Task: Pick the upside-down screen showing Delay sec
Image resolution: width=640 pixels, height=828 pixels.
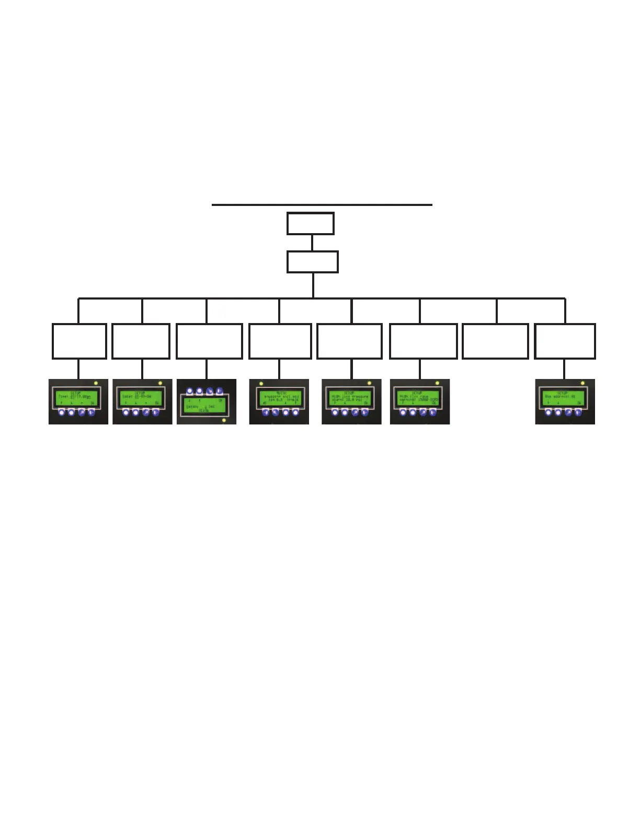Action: click(x=205, y=406)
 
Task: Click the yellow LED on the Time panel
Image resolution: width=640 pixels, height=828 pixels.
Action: click(x=96, y=384)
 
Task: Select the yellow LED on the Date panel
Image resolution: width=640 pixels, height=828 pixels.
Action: click(x=160, y=384)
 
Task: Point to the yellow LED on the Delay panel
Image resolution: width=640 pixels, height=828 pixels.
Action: click(x=224, y=420)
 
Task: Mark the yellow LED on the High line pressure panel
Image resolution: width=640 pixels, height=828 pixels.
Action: click(x=369, y=384)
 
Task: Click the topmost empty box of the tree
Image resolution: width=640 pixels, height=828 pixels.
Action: click(x=310, y=224)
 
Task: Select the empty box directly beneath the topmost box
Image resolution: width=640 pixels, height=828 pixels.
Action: click(x=312, y=262)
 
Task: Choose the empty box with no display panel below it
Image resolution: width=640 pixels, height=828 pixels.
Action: click(x=495, y=341)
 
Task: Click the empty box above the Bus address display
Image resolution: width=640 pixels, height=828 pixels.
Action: click(x=564, y=341)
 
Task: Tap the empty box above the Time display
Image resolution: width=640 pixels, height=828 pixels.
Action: click(x=79, y=341)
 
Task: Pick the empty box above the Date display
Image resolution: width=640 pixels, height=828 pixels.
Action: click(x=141, y=341)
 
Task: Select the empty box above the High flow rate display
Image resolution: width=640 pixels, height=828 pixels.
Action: click(x=423, y=341)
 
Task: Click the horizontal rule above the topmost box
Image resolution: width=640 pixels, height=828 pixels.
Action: click(x=322, y=205)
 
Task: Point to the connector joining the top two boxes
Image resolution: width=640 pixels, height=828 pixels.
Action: click(x=312, y=243)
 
